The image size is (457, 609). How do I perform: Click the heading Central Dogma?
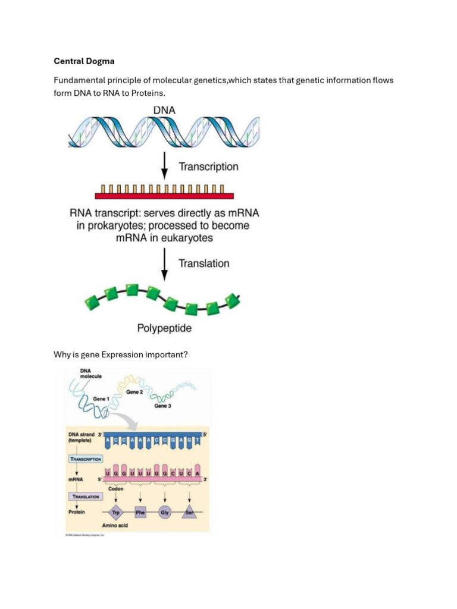coord(85,61)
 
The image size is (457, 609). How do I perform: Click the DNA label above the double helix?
coord(164,110)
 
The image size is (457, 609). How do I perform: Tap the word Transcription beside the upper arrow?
coord(208,167)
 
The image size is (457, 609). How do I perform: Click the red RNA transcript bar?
coord(164,195)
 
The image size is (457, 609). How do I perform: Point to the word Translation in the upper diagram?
coord(204,263)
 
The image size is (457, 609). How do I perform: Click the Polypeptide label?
coord(164,328)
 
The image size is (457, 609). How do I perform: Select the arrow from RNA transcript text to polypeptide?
coord(165,263)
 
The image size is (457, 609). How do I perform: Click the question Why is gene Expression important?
coord(121,354)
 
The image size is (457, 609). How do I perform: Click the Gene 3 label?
coord(162,406)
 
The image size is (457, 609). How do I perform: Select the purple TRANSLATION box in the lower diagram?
coord(86,495)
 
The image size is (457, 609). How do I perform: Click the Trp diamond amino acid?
coord(116,512)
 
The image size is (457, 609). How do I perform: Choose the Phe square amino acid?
coord(140,512)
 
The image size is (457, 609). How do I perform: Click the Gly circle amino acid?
coord(165,512)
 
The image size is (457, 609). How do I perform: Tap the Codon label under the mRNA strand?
coord(115,489)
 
